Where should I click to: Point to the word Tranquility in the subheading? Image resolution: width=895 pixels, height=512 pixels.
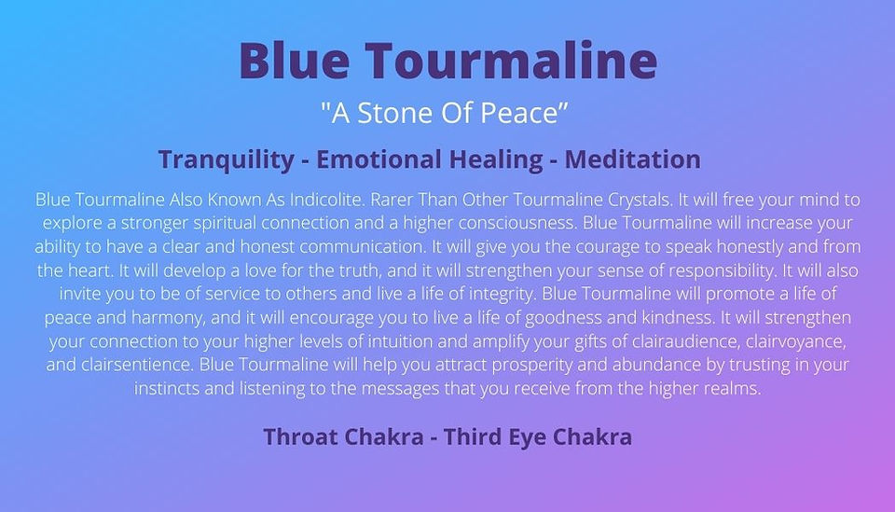pos(226,159)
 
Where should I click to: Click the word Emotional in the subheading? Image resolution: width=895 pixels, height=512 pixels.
pos(379,159)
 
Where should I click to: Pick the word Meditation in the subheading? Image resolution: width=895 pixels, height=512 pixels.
pos(632,159)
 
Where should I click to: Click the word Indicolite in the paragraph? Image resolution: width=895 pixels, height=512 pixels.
pos(326,200)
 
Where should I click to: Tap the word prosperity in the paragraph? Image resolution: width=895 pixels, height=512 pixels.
pos(531,366)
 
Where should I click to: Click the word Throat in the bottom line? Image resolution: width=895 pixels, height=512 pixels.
pos(300,436)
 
